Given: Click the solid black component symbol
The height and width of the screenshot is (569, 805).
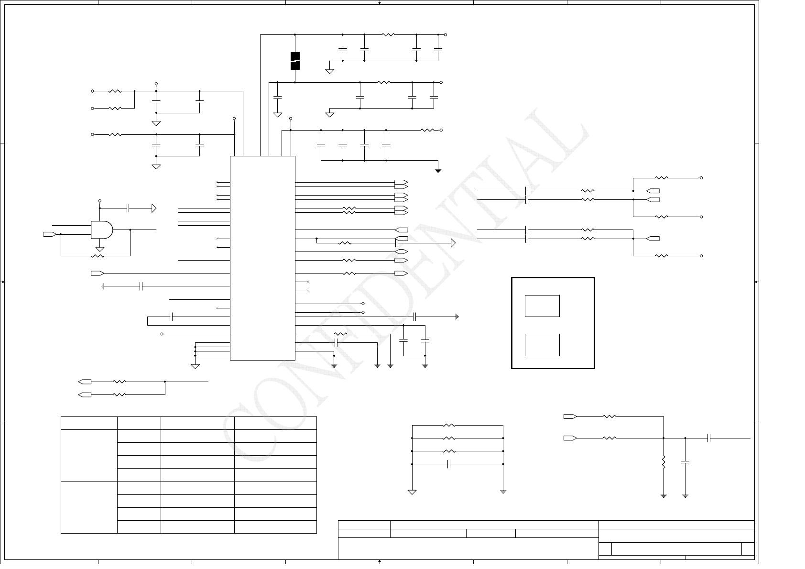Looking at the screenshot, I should [295, 61].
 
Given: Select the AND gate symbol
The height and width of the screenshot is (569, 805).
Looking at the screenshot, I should [102, 230].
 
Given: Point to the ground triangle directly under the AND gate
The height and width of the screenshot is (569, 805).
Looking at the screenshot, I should [100, 249].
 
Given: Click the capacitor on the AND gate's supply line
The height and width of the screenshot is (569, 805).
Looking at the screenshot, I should [128, 208].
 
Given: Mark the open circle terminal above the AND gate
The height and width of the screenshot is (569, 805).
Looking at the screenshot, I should [100, 201].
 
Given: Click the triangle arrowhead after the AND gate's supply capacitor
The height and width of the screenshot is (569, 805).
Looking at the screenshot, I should [154, 208].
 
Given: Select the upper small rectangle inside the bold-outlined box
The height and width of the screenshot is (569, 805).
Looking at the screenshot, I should [542, 306].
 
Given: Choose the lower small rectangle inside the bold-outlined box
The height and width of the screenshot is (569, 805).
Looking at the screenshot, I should [542, 345].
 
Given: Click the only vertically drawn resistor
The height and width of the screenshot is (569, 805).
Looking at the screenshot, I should [664, 462].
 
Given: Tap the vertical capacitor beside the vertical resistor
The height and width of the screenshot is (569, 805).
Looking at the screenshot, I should [685, 462].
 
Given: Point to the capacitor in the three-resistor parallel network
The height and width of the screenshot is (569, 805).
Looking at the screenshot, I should [449, 464].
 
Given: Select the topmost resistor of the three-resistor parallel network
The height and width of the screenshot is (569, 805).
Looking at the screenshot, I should [449, 425].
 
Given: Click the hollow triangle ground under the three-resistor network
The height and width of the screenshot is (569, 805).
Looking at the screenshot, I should [412, 492].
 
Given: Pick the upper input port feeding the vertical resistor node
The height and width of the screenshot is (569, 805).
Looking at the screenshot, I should [570, 416].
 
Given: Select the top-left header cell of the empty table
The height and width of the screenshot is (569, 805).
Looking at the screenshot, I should [89, 423].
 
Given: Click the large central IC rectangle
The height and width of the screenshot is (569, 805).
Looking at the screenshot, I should [262, 258].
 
